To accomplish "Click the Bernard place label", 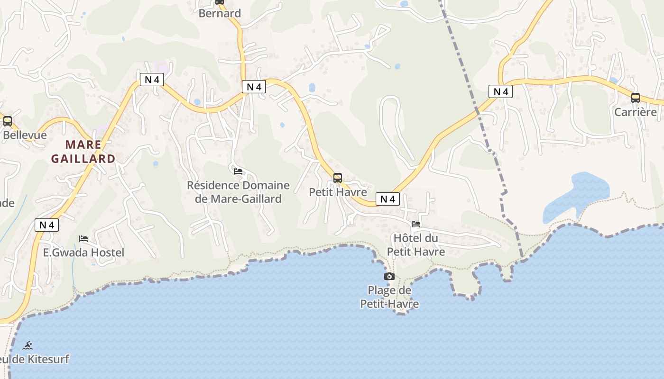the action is (220, 13).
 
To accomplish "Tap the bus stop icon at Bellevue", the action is (8, 121).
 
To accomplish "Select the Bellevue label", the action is (25, 135).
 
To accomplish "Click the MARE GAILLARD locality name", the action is (83, 152).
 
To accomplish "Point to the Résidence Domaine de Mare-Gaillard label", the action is (238, 192).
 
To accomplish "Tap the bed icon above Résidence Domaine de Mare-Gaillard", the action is (238, 171).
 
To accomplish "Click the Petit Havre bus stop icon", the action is (338, 178).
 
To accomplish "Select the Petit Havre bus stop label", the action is (338, 192).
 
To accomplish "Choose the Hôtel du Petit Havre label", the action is (416, 244).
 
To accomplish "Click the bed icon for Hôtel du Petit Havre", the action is (416, 224).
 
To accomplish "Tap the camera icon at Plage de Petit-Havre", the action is (389, 276).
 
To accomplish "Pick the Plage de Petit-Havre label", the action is (390, 297).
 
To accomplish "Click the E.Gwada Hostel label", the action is (83, 253).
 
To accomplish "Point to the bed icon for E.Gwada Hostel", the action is (83, 238).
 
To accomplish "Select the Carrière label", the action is (636, 112).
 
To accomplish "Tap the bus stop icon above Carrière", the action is (636, 98).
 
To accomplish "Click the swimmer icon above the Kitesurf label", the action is (28, 345).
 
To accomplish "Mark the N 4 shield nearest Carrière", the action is (501, 91).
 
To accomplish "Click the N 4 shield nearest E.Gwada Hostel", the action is (46, 225).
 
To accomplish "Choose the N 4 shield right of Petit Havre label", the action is (388, 199).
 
